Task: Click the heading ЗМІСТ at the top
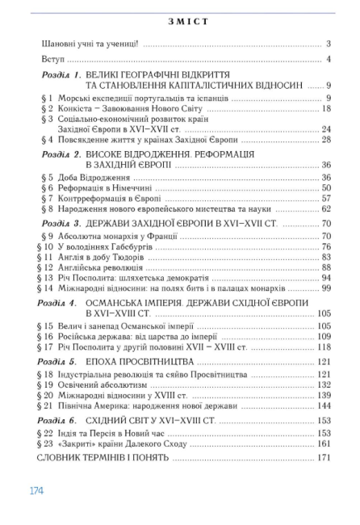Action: tap(180, 21)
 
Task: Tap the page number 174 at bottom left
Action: tap(36, 489)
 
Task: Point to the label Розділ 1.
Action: tap(62, 74)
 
